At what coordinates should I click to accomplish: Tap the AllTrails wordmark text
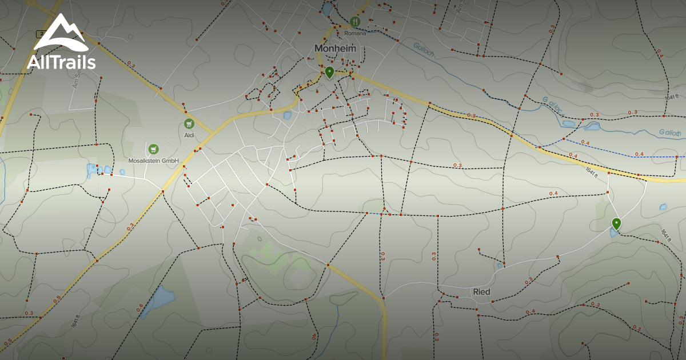[x=61, y=61]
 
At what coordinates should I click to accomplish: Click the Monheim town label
[x=335, y=49]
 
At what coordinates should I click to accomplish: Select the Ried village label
[x=481, y=291]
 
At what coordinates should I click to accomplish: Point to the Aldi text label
[x=189, y=135]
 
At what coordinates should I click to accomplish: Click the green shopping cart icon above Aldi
[x=189, y=124]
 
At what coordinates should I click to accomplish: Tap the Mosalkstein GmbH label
[x=154, y=161]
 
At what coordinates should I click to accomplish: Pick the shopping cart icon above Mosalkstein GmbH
[x=153, y=149]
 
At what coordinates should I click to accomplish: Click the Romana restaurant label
[x=354, y=33]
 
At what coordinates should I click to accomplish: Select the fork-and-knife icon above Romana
[x=355, y=22]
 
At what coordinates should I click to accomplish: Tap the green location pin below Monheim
[x=329, y=72]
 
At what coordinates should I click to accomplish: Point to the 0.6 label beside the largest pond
[x=140, y=307]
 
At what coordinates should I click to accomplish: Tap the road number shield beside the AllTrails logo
[x=40, y=33]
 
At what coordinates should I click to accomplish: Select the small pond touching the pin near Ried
[x=613, y=233]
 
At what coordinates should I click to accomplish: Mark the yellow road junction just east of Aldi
[x=212, y=133]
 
